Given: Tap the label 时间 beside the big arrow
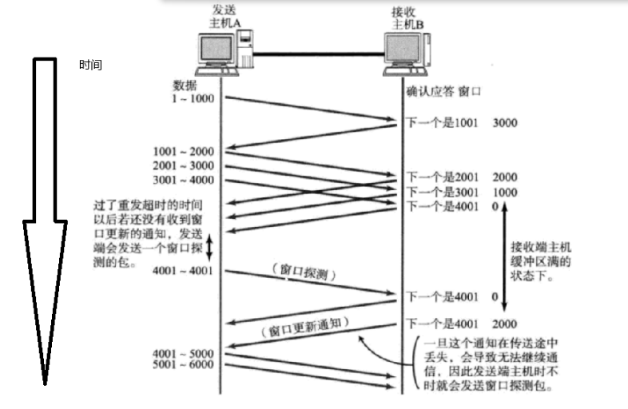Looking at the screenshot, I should pos(90,65).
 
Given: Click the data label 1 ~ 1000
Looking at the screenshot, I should pos(192,97).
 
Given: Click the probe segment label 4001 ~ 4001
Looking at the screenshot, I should pos(184,272).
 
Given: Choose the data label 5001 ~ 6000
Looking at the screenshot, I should pos(184,364).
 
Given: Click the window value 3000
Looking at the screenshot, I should pos(505,124).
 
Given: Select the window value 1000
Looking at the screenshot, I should pos(505,193).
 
